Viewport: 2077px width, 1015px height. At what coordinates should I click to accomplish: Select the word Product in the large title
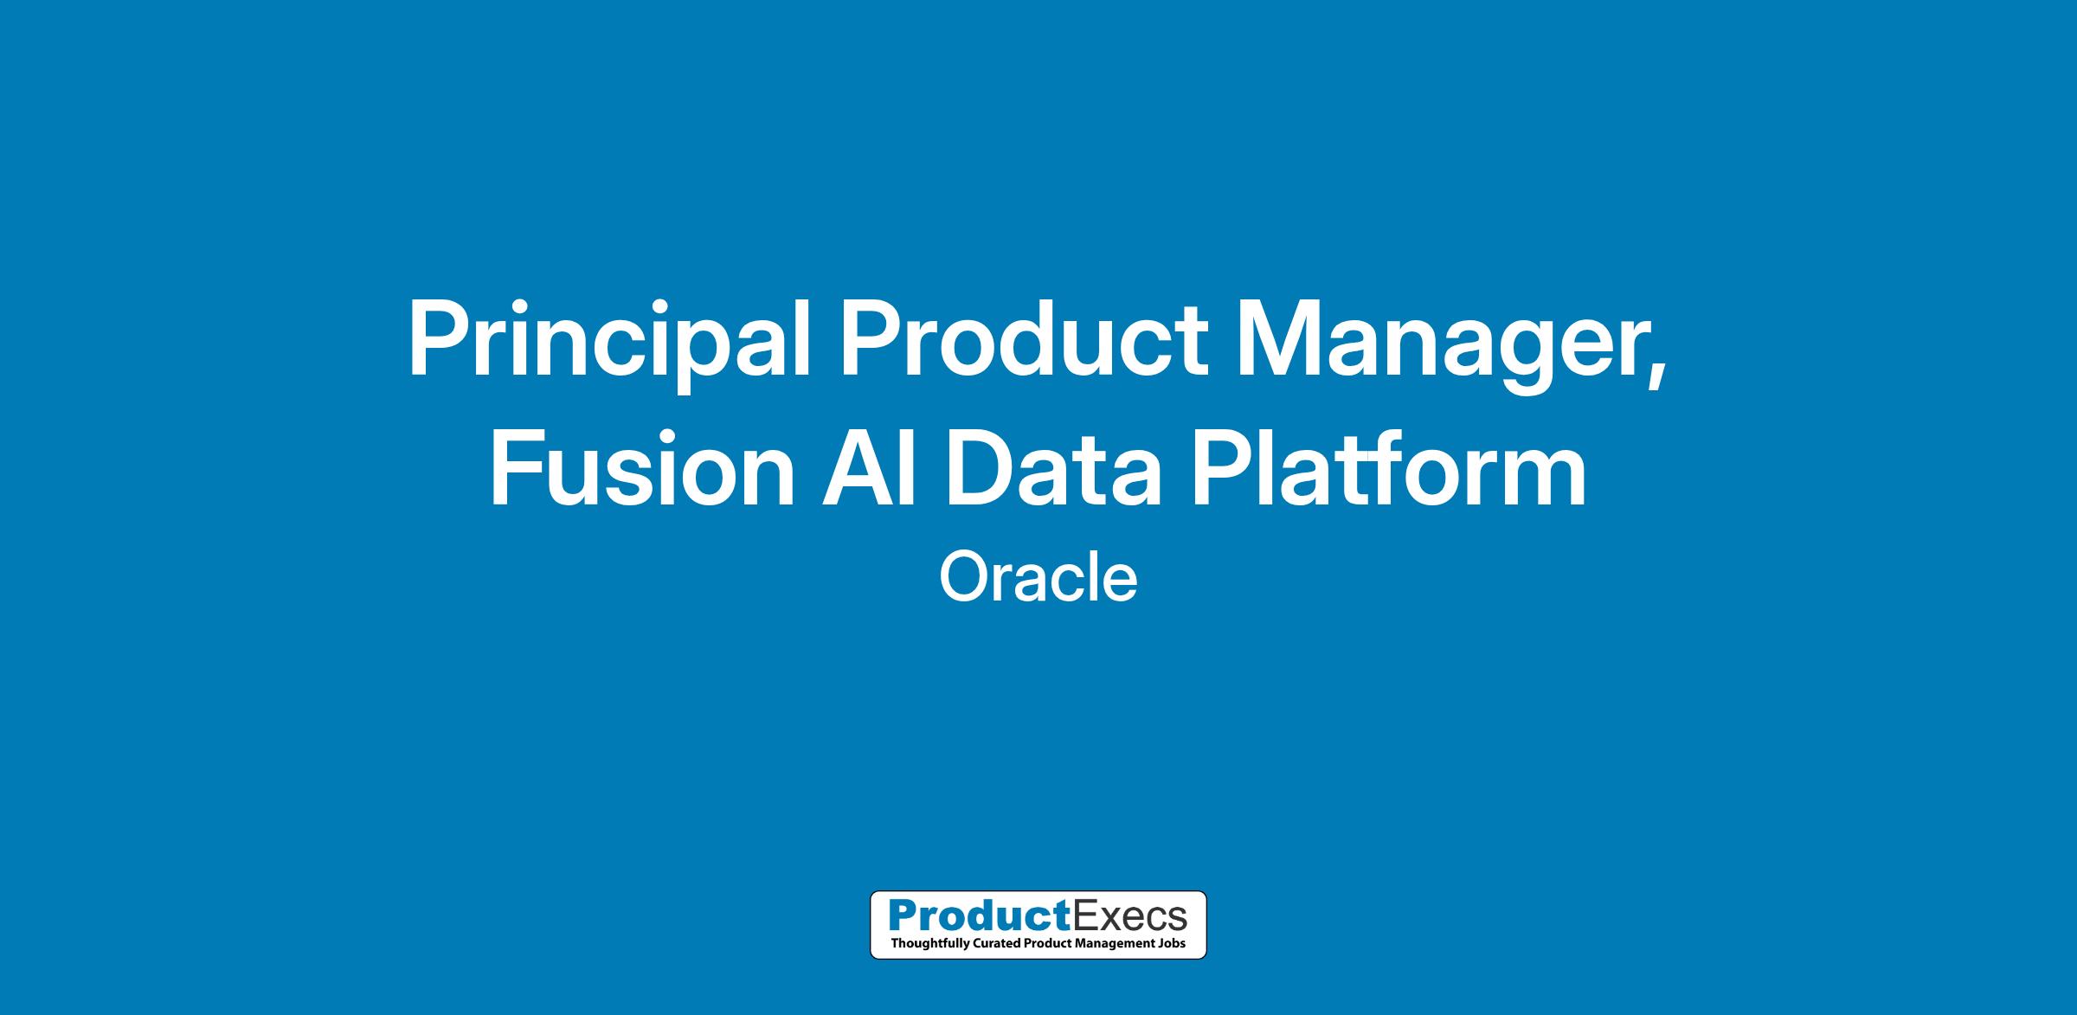click(1024, 338)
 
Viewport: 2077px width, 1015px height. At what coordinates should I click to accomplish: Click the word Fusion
click(642, 467)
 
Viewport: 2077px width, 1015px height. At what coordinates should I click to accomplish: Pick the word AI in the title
click(869, 467)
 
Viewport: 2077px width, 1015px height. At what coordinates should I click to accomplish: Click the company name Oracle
click(1038, 578)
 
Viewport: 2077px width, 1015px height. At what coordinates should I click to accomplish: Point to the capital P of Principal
click(441, 338)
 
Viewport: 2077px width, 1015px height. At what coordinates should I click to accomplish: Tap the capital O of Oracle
click(964, 578)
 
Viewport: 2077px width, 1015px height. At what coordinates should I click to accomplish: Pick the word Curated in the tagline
click(994, 943)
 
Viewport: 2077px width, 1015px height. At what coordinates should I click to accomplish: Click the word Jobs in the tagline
click(1171, 943)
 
